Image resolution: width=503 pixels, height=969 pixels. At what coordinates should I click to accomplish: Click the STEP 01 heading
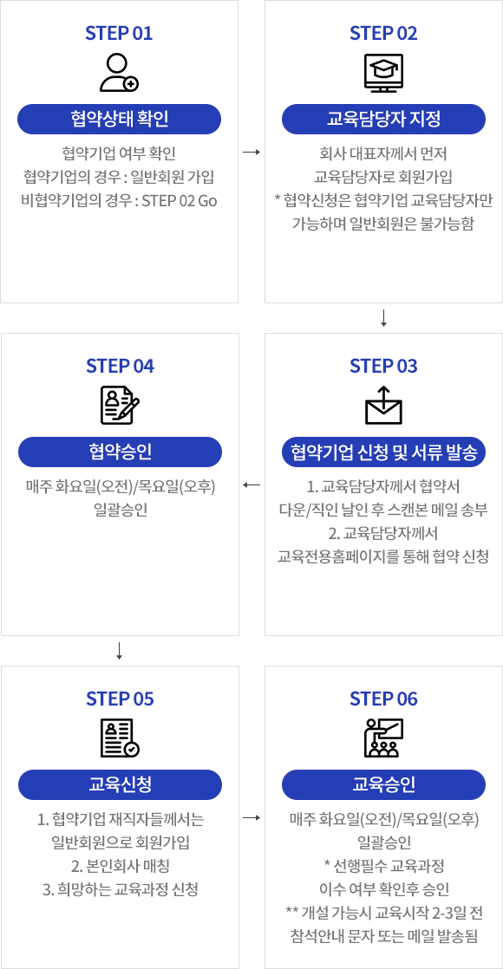coord(120,34)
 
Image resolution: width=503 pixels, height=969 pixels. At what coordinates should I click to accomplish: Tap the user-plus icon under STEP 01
coord(120,73)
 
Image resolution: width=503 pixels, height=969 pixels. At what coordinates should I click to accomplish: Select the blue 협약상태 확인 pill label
coord(120,120)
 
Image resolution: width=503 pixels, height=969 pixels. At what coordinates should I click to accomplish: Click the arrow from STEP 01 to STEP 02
coord(251,152)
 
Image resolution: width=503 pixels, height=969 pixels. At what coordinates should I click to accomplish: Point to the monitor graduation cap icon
coord(383,73)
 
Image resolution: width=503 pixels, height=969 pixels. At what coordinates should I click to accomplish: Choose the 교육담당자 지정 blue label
coord(383,120)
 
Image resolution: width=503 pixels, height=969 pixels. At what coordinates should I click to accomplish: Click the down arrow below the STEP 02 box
coord(383,317)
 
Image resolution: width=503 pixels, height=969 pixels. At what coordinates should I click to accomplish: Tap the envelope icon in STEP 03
coord(383,406)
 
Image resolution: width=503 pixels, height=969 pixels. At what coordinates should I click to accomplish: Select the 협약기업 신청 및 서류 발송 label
coord(383,452)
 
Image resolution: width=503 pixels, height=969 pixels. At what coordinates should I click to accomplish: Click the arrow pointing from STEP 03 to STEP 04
coord(251,484)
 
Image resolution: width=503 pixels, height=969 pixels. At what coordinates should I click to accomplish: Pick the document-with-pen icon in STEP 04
coord(120,406)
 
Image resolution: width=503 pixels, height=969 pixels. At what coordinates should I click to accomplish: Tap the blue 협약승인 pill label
coord(120,452)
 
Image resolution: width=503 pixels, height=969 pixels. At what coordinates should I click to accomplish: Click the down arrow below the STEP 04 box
coord(120,651)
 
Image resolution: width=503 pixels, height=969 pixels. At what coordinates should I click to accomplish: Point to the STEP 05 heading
coord(120,699)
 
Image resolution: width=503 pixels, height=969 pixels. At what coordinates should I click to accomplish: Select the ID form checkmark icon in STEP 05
coord(120,738)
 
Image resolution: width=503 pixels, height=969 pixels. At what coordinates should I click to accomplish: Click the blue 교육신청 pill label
coord(120,785)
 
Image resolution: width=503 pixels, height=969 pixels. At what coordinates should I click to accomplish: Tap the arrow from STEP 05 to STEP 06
coord(251,817)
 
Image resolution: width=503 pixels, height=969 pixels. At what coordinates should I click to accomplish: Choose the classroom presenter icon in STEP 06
coord(383,738)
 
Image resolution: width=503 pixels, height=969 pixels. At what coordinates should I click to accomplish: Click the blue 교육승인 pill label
coord(383,785)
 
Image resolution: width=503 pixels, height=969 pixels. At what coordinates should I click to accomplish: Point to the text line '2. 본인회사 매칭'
coord(121,867)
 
